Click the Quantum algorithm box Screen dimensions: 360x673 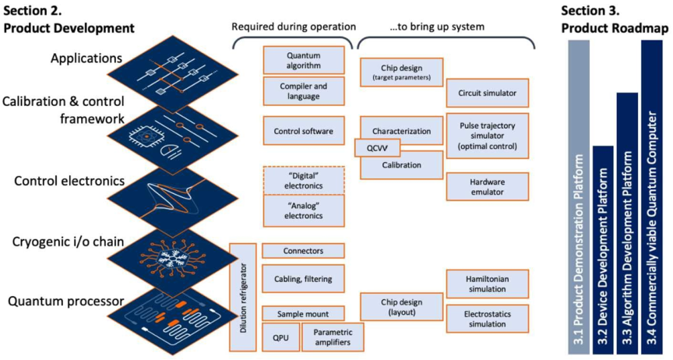[304, 60]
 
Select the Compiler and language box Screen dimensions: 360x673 [304, 91]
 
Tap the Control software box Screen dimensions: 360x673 [304, 132]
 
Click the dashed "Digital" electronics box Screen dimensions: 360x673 [304, 181]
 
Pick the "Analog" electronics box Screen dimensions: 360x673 [304, 210]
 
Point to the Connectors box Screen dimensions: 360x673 [304, 251]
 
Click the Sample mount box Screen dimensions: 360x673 [304, 313]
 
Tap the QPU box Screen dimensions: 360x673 [280, 339]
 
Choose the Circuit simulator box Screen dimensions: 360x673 [487, 93]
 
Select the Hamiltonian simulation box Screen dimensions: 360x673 [487, 284]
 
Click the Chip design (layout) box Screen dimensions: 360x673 [401, 308]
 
